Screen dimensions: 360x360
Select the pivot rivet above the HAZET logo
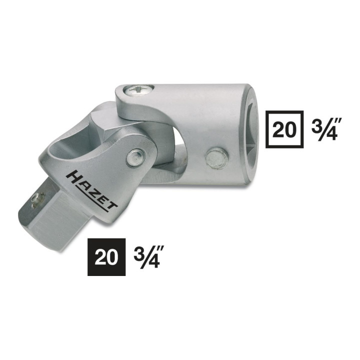point(136,157)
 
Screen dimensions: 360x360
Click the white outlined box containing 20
point(284,129)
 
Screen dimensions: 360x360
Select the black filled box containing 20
point(106,257)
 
